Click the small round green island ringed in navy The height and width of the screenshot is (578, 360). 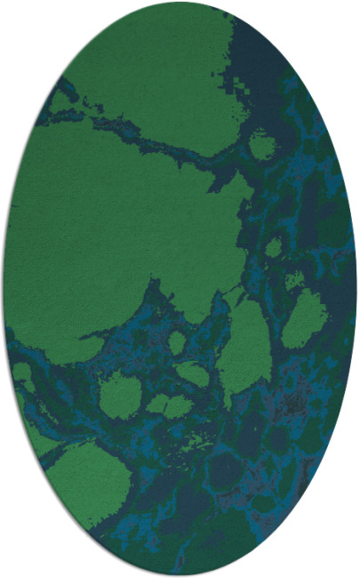pyautogui.click(x=261, y=144)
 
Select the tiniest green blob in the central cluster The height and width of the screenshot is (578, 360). pyautogui.click(x=178, y=342)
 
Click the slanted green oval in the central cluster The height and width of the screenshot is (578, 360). pyautogui.click(x=193, y=373)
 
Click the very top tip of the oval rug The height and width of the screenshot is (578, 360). pyautogui.click(x=180, y=3)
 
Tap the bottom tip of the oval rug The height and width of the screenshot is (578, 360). pyautogui.click(x=180, y=575)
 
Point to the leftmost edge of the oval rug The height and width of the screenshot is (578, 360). pyautogui.click(x=4, y=289)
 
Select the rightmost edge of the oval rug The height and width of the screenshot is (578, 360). pyautogui.click(x=356, y=289)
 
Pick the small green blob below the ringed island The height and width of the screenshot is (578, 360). pyautogui.click(x=274, y=246)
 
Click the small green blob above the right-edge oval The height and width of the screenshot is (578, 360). pyautogui.click(x=294, y=280)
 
